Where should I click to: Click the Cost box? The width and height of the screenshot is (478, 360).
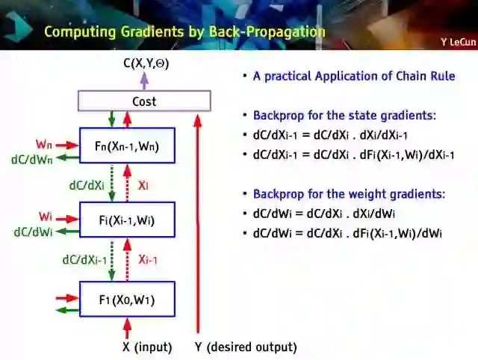pos(144,101)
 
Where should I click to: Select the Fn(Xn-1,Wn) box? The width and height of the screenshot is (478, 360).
pos(127,145)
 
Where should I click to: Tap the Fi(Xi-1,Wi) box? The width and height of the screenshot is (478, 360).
pos(127,220)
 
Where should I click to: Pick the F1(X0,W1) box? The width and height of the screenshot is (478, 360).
pos(127,300)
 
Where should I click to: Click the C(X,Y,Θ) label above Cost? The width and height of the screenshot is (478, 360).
pos(146,63)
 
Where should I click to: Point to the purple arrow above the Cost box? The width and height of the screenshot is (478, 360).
pos(144,81)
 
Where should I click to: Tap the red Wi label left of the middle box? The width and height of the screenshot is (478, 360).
pos(46,217)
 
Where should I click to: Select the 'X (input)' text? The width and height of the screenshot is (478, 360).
pos(147,347)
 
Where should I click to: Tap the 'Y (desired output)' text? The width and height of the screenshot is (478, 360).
pos(246,347)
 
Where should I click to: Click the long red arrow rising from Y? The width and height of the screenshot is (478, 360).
pos(198,224)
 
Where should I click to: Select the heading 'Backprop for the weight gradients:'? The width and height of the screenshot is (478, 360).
pos(349,194)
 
